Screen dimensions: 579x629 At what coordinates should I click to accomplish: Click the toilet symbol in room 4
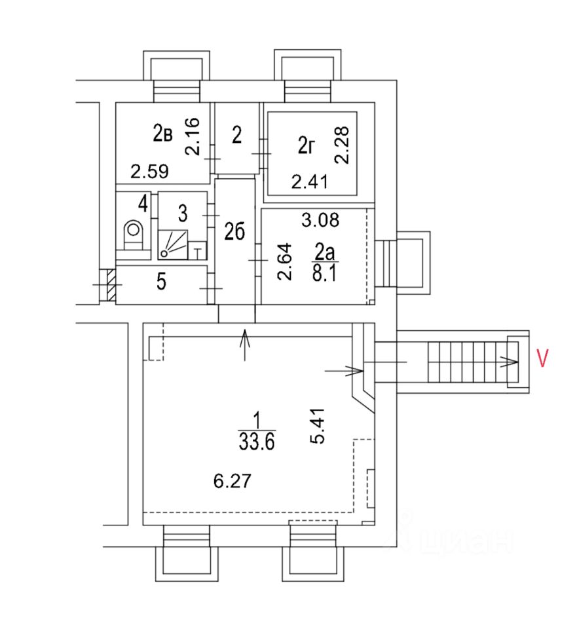(134, 235)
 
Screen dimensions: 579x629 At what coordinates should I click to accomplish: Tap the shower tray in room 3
(173, 244)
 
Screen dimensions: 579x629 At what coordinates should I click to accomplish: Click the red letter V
(542, 358)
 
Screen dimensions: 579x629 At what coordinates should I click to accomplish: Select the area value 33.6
(257, 442)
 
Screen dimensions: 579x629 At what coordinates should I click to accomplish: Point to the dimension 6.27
(232, 480)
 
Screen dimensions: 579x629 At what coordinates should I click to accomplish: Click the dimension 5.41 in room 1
(317, 426)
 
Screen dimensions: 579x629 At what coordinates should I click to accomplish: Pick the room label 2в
(162, 133)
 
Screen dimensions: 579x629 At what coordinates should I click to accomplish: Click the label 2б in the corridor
(234, 232)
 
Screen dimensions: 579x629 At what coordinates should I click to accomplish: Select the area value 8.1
(324, 273)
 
